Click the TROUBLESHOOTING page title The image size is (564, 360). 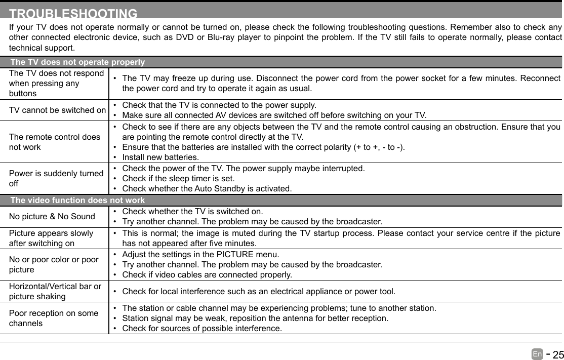73,14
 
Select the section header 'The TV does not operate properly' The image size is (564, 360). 77,62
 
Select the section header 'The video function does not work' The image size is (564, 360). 77,201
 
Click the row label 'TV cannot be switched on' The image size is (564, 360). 57,110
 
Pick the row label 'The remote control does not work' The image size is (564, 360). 54,142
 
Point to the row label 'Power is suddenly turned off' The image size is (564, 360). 56,178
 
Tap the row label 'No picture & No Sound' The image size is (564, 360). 52,217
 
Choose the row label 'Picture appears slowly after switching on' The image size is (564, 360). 51,238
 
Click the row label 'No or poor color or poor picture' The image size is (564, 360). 54,264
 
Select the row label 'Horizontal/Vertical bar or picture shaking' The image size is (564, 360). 55,291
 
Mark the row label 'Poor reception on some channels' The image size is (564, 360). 54,318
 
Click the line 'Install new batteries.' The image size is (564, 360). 160,157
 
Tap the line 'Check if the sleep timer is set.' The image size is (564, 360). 178,178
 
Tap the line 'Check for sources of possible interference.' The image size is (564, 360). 202,329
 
